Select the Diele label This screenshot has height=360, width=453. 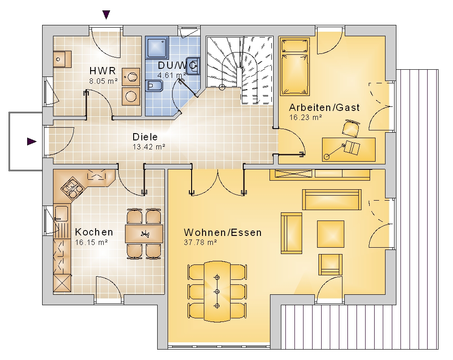click(145, 137)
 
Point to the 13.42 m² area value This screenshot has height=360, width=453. click(149, 147)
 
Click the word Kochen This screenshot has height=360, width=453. click(94, 232)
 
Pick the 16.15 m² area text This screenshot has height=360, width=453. click(92, 242)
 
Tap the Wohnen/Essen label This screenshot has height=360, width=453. click(223, 232)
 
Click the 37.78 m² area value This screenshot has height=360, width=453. click(200, 242)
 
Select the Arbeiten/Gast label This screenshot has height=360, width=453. click(324, 107)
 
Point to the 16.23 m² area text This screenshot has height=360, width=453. click(305, 117)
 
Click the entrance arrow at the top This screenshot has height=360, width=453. click(106, 15)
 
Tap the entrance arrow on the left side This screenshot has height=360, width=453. click(32, 141)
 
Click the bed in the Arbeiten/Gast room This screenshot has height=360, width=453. click(295, 67)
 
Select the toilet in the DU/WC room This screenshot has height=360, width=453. click(154, 86)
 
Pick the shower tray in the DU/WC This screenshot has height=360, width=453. click(157, 48)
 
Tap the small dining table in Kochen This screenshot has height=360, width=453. click(144, 234)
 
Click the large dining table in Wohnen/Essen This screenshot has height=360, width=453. click(217, 291)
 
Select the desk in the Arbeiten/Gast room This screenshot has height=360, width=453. click(349, 149)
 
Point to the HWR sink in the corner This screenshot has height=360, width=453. click(62, 59)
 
